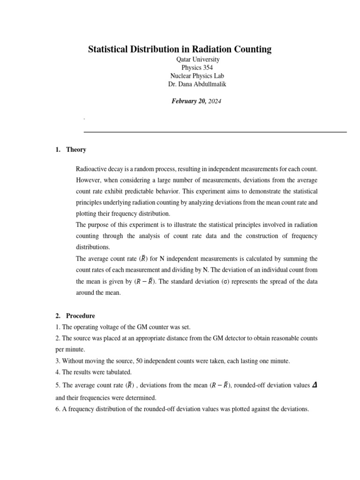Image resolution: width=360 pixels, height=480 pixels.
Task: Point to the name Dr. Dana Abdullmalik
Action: [197, 84]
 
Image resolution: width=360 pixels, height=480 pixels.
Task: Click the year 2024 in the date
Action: [214, 101]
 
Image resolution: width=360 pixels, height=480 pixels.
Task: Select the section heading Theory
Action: [76, 150]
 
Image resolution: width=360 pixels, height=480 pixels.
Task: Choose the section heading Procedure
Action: [80, 316]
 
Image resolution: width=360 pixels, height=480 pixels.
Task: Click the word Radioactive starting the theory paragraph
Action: [92, 168]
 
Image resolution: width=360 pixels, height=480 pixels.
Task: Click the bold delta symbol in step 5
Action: [314, 385]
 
